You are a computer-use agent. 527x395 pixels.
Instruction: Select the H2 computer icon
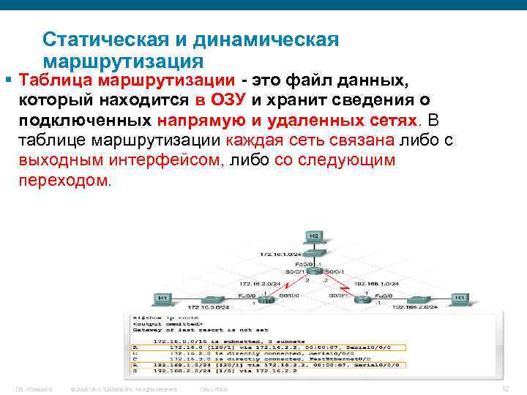(313, 238)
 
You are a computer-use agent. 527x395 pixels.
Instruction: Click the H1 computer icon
(162, 298)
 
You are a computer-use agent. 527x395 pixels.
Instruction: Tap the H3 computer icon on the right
(460, 298)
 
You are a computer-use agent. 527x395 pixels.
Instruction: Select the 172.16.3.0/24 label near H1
(207, 309)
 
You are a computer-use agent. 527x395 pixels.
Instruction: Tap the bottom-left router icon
(269, 299)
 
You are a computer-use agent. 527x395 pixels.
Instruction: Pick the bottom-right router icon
(361, 299)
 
